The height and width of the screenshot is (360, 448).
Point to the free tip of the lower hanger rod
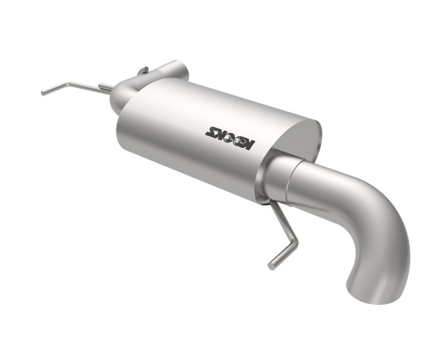pos(273,264)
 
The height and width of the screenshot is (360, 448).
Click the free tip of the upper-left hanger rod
pos(44,93)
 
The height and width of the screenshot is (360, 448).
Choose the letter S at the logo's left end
pos(210,132)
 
